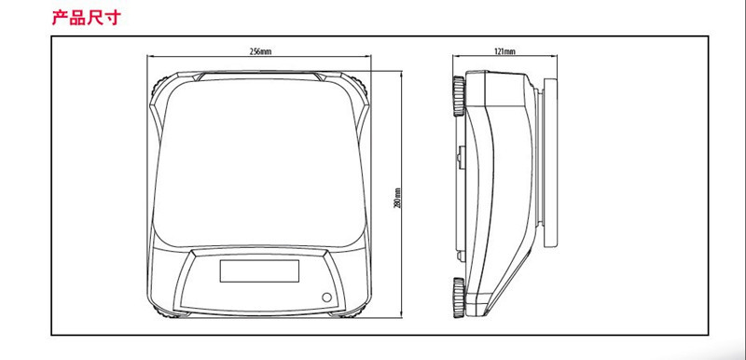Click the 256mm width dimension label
tap(260, 51)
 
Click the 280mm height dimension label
tap(398, 198)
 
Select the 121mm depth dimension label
tap(504, 51)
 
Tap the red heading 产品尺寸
tap(87, 17)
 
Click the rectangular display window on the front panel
tap(259, 270)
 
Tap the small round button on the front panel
tap(326, 298)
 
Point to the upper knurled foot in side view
tap(459, 96)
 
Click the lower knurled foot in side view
tap(459, 298)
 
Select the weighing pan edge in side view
tap(550, 162)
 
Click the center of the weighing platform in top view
tap(259, 162)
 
